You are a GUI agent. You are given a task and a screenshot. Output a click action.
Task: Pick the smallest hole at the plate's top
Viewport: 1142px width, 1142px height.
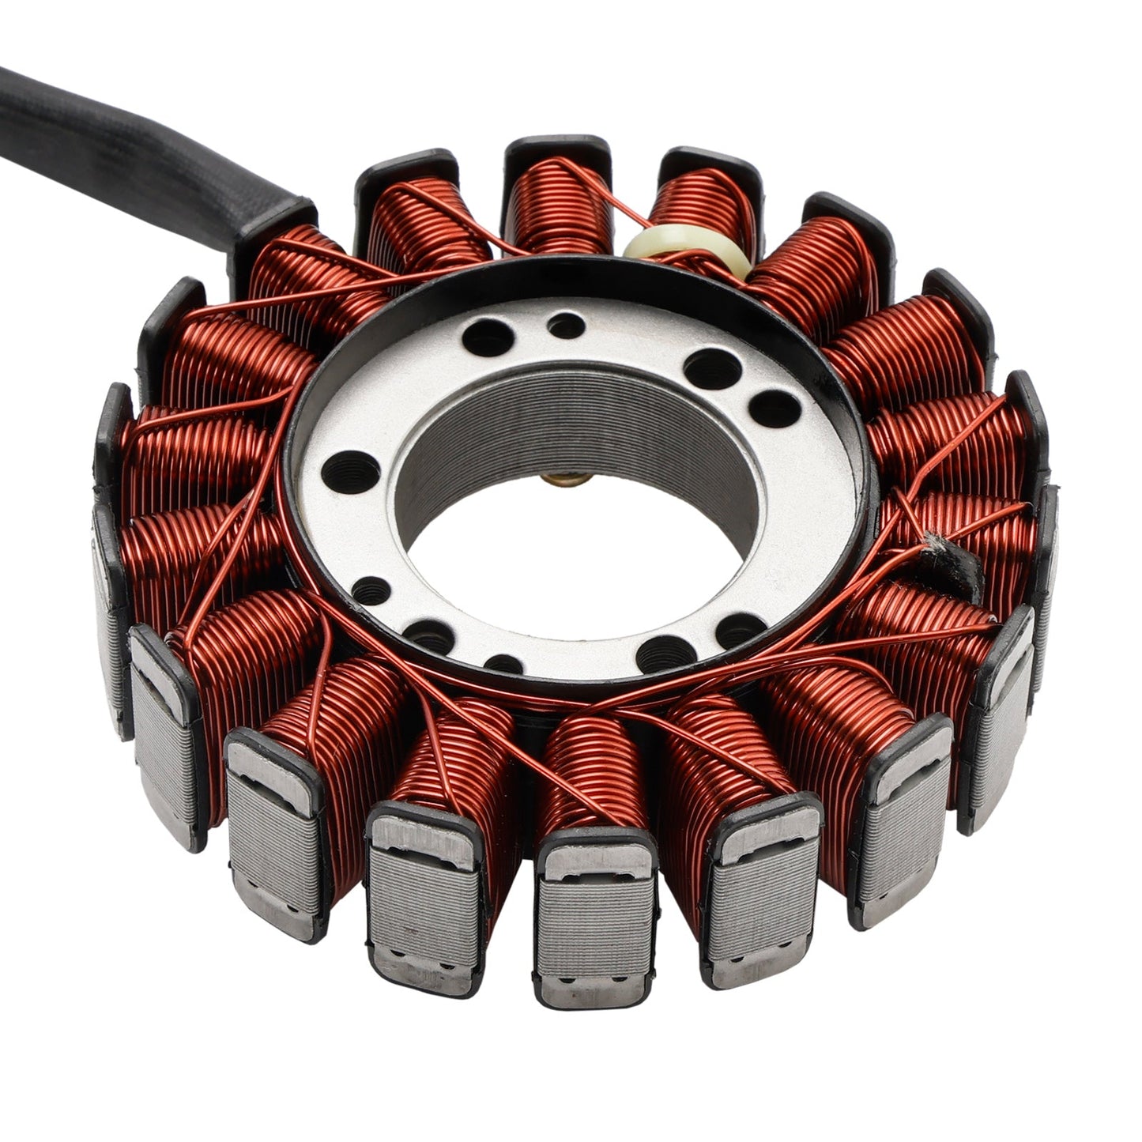(566, 324)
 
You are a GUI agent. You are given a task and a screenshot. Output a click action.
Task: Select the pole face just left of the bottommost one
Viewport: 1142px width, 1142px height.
(425, 897)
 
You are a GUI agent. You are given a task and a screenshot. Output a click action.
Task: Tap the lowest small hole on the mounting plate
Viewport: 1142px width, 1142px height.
(503, 662)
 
